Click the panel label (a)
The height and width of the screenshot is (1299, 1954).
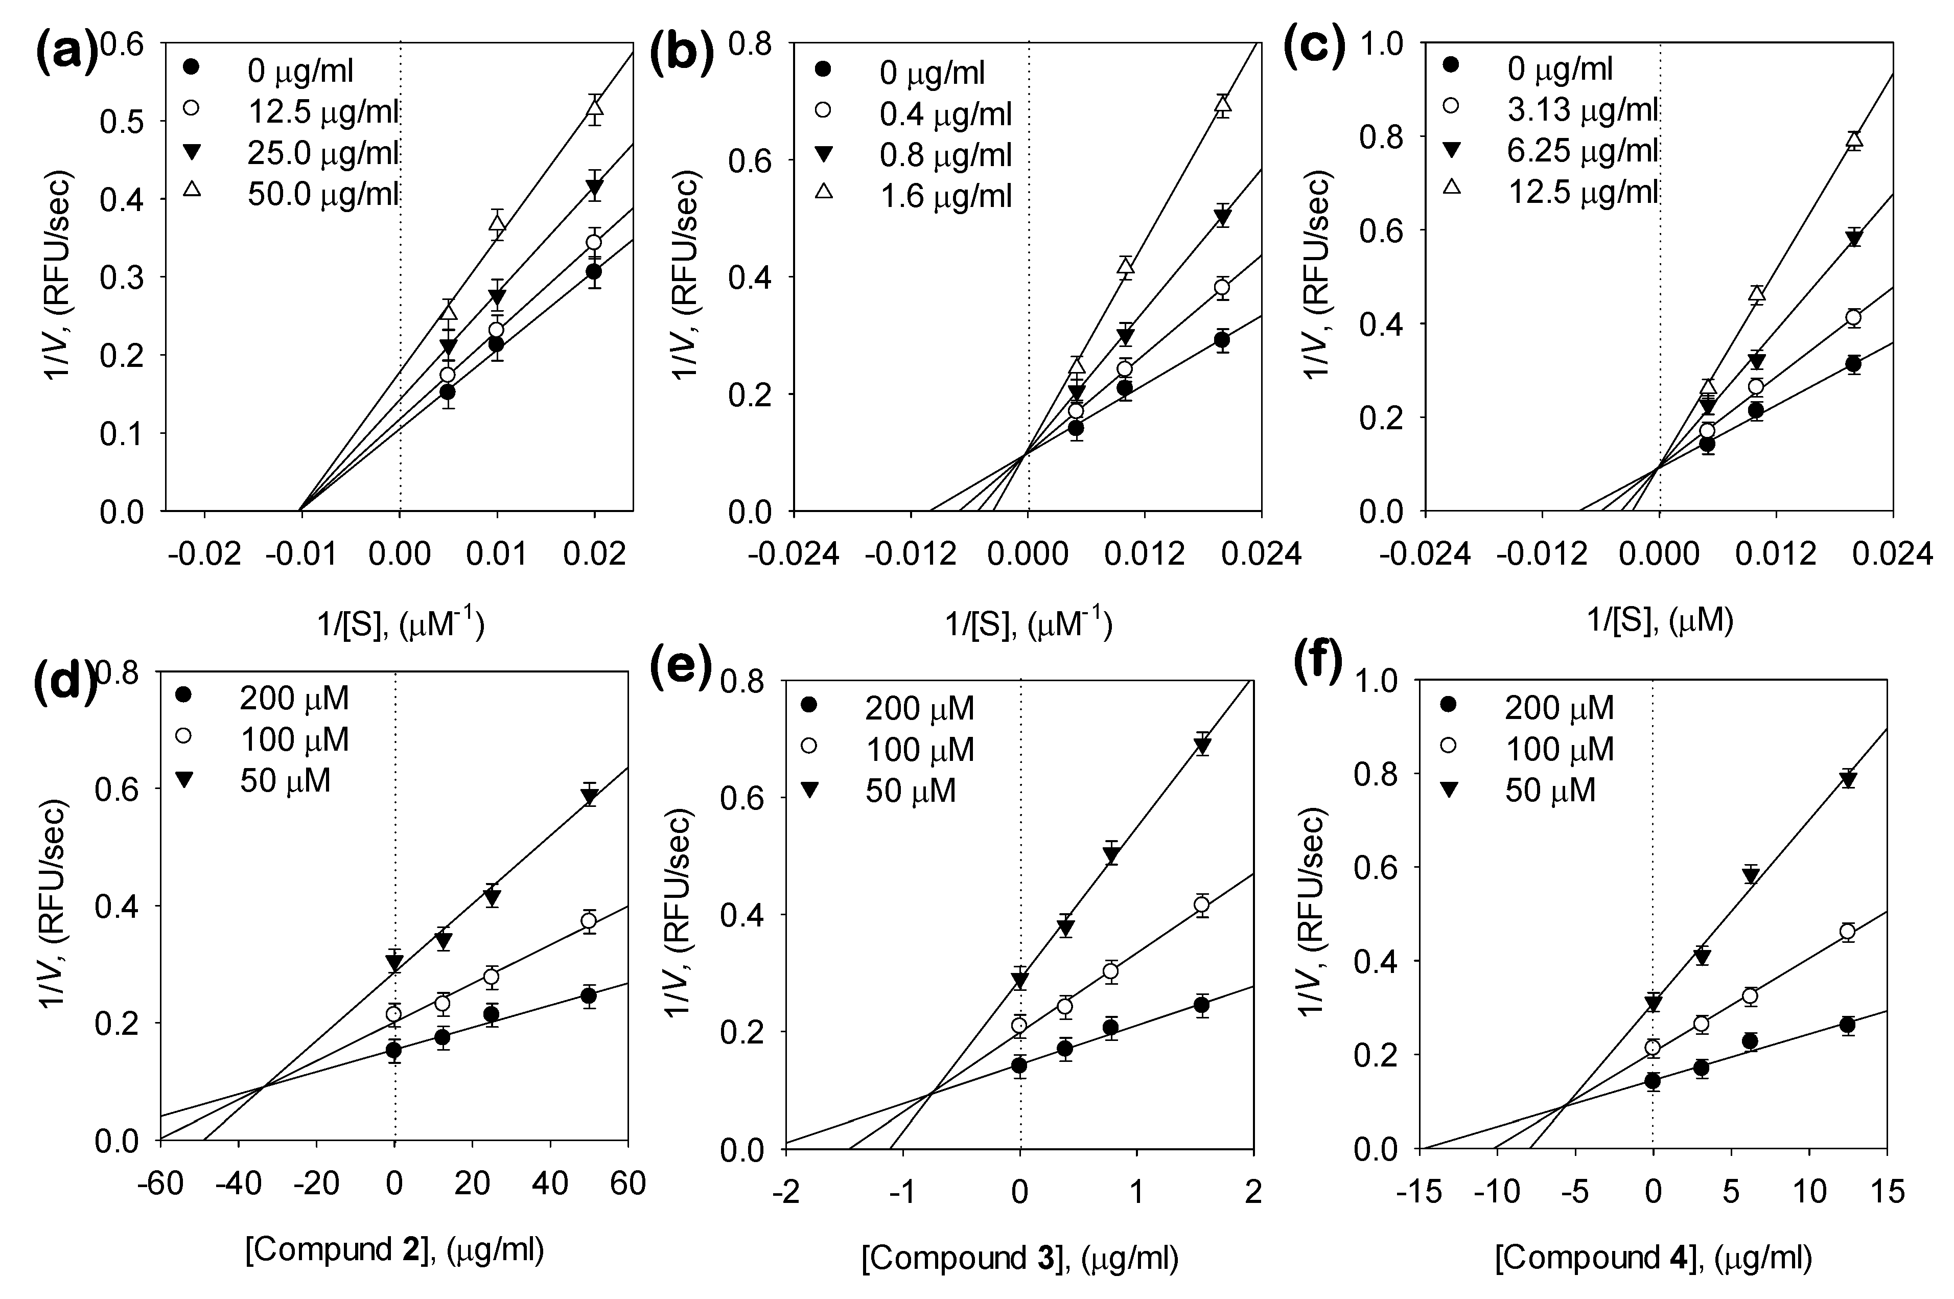point(66,52)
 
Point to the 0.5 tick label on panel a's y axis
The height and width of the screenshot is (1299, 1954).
point(121,122)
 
